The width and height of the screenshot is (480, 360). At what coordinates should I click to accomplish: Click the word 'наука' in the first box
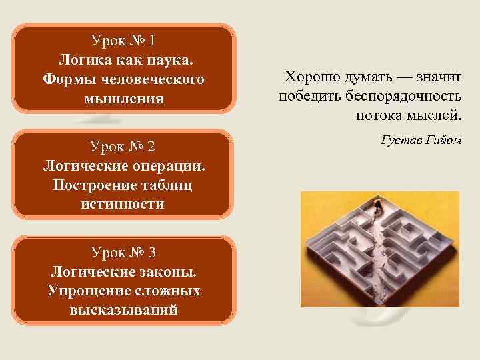[170, 60]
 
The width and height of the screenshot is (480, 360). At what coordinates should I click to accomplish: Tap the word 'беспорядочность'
[407, 97]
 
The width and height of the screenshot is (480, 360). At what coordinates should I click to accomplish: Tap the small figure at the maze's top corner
[378, 204]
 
